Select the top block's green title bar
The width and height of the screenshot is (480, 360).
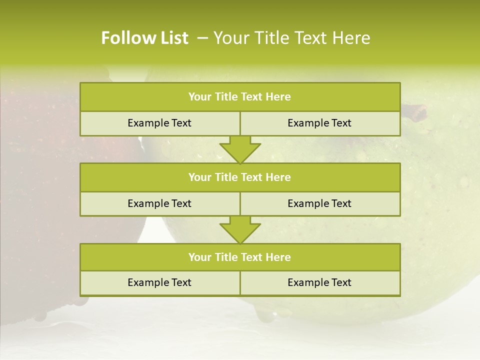click(240, 97)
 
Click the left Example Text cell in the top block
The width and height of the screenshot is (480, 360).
click(159, 123)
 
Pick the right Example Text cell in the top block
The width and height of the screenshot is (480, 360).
click(319, 123)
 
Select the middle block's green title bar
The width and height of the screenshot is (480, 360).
click(240, 177)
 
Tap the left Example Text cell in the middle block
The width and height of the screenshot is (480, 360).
click(159, 203)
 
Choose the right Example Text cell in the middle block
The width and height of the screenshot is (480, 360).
click(319, 203)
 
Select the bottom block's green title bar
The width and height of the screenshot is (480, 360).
click(240, 257)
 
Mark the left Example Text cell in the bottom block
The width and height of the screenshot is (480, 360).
click(159, 282)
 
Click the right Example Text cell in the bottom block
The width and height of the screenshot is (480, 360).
click(319, 282)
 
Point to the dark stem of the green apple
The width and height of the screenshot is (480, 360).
click(415, 111)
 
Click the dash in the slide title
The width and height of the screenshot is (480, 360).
click(203, 38)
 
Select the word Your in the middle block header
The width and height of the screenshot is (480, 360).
click(199, 177)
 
